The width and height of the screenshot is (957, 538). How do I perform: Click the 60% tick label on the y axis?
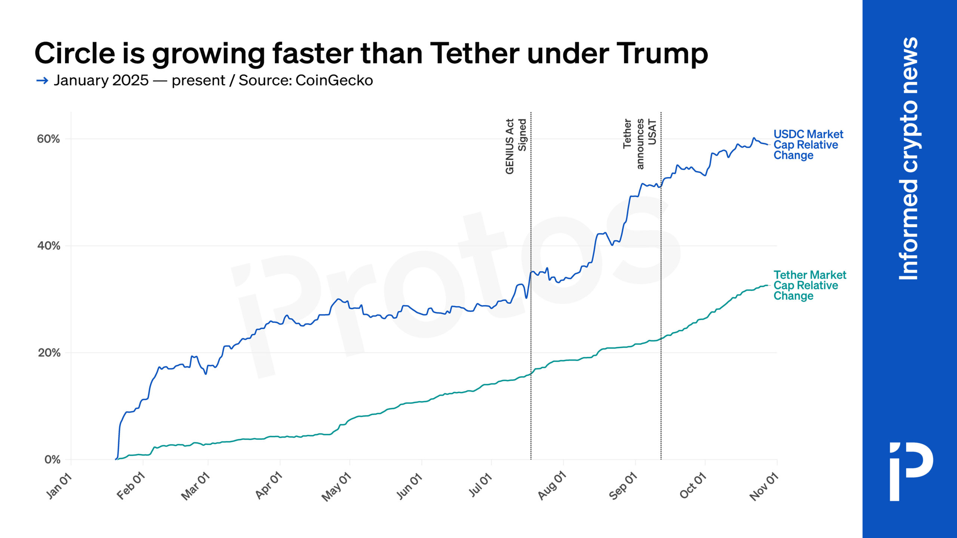pos(48,139)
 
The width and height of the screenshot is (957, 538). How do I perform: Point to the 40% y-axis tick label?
pos(49,246)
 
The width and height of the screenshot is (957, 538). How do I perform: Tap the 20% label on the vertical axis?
pos(49,353)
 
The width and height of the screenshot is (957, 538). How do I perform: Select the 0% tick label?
pos(52,460)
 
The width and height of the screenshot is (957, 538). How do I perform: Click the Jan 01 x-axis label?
pos(59,486)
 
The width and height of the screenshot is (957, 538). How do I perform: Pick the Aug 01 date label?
pos(552,486)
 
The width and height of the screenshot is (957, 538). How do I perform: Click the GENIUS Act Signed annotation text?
pos(516,146)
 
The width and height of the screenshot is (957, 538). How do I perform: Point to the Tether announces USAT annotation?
pos(640,143)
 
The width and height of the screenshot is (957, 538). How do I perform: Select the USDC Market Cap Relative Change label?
pos(807,145)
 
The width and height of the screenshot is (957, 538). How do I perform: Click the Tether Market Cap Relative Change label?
pos(809,285)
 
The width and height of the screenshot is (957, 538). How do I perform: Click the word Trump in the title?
pos(662,53)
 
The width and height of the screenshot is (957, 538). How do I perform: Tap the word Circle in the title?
pos(75,53)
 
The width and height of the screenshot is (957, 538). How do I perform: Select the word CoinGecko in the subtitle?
pos(334,80)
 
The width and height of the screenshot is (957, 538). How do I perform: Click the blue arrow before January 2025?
pos(42,80)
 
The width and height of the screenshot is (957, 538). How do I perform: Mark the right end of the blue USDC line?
pos(767,145)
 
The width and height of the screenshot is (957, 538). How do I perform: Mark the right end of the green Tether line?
pos(767,285)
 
